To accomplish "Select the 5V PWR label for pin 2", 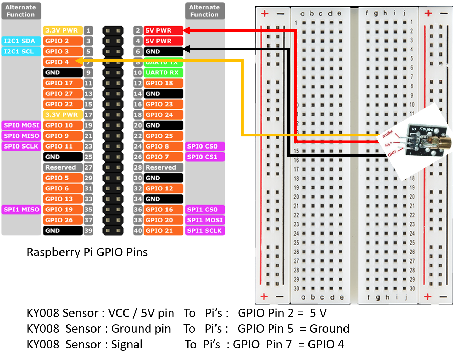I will [x=163, y=30].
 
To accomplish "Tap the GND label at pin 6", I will [x=163, y=52].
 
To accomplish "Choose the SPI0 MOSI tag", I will [x=21, y=125].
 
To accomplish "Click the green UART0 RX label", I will [x=163, y=73].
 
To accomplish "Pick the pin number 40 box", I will [x=138, y=231].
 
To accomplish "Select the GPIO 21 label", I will [x=163, y=231].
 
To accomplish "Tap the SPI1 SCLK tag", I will [x=205, y=231].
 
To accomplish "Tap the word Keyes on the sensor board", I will [x=426, y=129].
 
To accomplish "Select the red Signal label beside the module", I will [x=388, y=134].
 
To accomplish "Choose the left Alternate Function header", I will [x=21, y=11].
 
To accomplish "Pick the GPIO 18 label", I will [x=163, y=83].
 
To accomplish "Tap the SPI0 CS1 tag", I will [x=205, y=157].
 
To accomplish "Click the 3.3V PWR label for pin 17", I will [x=63, y=115].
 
